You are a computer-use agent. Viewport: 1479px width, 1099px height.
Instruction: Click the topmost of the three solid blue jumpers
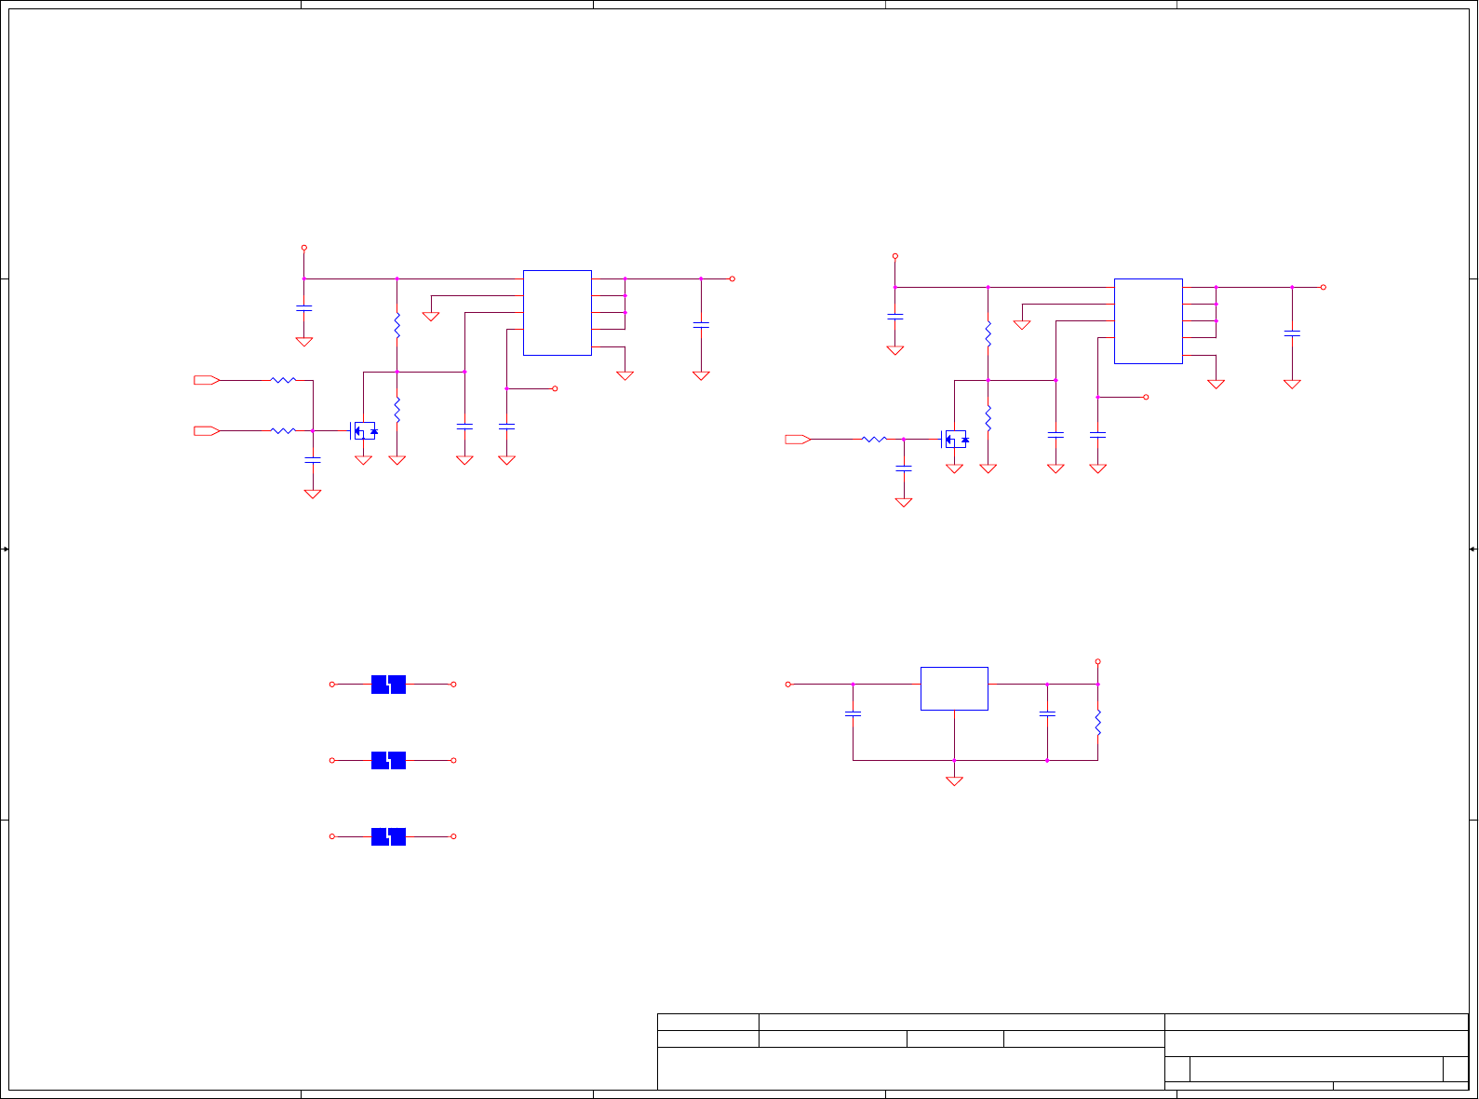388,685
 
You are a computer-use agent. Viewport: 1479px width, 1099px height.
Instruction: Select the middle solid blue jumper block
388,761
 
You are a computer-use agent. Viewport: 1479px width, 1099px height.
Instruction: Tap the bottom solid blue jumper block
388,836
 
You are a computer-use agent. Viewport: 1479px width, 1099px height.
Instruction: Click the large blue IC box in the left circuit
557,313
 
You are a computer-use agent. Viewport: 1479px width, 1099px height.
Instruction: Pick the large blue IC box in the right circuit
1148,321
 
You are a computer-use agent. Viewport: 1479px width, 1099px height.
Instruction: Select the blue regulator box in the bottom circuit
954,688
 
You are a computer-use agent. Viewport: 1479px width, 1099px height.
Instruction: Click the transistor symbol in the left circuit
364,431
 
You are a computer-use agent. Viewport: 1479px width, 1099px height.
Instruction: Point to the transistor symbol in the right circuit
955,439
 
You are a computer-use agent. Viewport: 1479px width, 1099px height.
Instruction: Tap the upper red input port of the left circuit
206,380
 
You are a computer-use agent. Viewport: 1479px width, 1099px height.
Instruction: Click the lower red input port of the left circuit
206,430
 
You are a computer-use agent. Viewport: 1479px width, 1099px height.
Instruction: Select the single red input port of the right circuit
798,439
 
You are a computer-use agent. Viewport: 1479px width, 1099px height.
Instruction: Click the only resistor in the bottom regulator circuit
1097,722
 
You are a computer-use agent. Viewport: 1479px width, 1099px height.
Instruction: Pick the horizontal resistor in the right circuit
874,439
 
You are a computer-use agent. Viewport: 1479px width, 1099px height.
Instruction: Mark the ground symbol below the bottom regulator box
954,781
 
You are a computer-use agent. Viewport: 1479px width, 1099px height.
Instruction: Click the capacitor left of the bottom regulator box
853,713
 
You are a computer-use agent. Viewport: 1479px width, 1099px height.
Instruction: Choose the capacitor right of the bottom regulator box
1047,713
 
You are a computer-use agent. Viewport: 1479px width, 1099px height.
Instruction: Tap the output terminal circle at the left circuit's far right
733,278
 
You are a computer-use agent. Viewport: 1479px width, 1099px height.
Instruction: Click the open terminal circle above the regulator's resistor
1097,662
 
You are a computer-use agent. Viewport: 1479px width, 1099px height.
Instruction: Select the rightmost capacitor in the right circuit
1292,332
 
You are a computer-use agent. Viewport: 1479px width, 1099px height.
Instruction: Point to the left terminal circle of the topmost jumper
332,685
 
